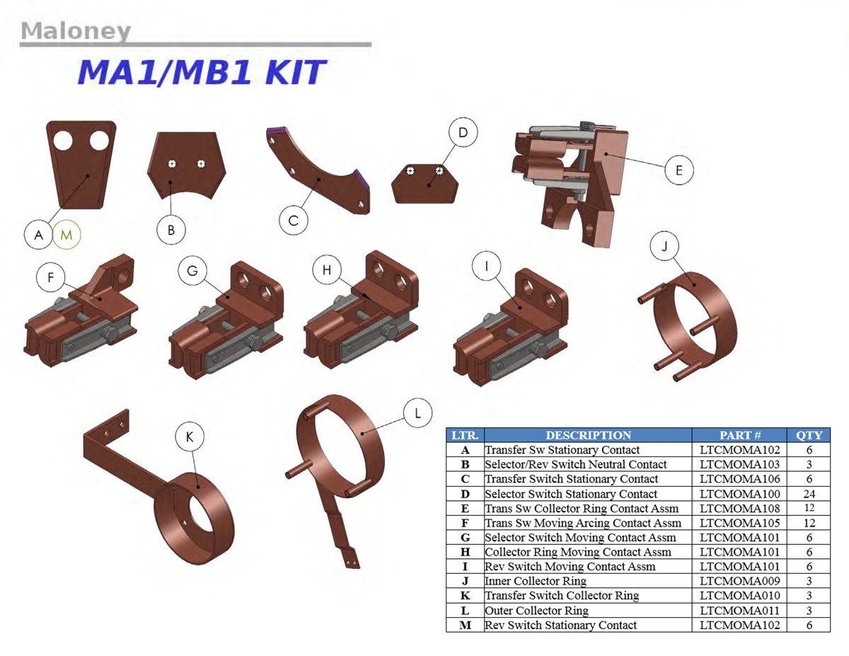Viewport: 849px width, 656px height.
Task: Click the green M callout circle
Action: point(67,235)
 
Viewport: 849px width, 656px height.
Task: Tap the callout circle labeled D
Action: point(463,132)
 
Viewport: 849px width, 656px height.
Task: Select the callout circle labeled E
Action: point(679,170)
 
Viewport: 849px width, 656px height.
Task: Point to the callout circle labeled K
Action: point(190,437)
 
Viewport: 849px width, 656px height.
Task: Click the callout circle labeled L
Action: point(417,413)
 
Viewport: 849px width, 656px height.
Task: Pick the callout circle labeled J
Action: point(664,246)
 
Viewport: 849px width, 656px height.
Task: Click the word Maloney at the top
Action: point(76,31)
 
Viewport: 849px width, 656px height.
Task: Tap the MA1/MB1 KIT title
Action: point(201,73)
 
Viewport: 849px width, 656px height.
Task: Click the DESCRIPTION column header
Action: point(588,435)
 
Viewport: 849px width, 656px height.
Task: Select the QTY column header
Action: point(809,435)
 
